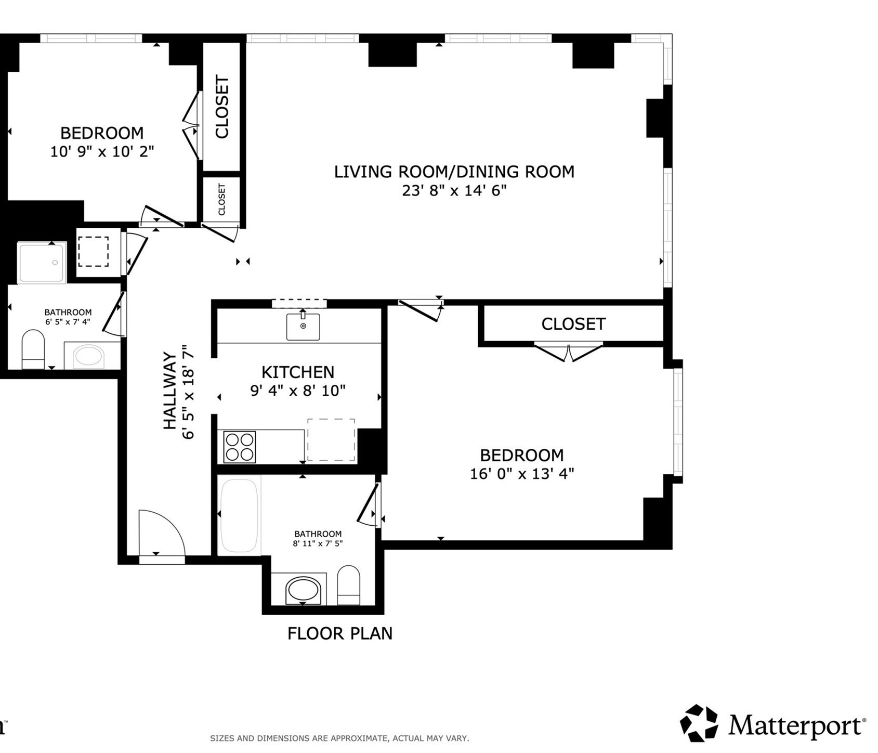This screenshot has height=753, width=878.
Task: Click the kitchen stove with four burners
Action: (x=240, y=447)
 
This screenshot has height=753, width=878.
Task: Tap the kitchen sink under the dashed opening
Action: (x=303, y=327)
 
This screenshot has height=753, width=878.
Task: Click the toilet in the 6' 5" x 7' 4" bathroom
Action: (x=33, y=350)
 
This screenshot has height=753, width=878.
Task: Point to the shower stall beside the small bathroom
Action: (x=42, y=262)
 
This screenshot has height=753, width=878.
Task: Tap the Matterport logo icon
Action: (x=699, y=723)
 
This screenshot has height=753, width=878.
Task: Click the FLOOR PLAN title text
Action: (x=340, y=633)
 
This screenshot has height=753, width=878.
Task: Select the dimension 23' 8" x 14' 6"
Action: (x=454, y=191)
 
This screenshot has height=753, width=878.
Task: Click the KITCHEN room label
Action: (x=297, y=372)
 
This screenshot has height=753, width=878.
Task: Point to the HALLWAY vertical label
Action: (x=170, y=391)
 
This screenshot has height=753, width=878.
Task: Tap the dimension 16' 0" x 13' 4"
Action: (x=522, y=474)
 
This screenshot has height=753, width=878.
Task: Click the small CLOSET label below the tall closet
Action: (x=222, y=199)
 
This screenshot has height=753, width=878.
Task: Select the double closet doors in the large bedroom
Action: (x=569, y=352)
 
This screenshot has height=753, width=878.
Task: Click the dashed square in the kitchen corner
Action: (x=331, y=440)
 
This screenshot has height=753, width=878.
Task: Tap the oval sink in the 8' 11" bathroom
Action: (x=304, y=590)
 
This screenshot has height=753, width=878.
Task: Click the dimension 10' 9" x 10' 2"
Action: (x=102, y=152)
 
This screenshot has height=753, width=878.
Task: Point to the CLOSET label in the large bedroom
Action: (x=573, y=324)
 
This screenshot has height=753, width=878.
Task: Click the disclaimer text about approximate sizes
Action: (x=339, y=738)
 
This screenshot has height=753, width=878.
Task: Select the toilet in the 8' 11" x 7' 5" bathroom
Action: (x=348, y=586)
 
